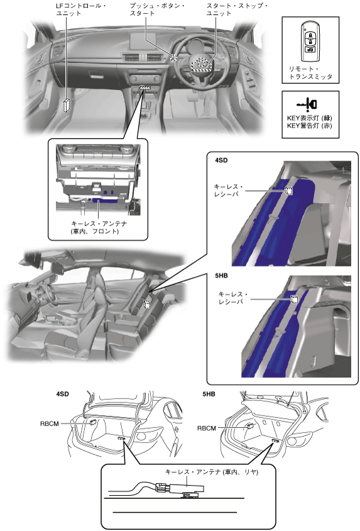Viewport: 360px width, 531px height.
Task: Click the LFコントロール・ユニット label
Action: pos(81,9)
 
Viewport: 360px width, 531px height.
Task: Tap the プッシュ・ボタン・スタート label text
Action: pos(158,9)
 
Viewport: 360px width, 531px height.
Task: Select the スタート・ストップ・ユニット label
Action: pos(237,9)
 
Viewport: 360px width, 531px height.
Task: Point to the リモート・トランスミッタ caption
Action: pos(310,73)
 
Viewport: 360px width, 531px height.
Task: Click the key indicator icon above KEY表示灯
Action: pos(307,104)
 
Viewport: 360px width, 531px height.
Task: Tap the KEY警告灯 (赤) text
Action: pos(310,126)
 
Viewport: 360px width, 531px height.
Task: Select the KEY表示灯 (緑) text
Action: pos(310,118)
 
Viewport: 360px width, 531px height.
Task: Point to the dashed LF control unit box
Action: pos(68,105)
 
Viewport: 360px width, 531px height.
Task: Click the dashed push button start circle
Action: pos(173,58)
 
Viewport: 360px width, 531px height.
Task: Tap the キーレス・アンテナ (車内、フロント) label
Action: pos(99,227)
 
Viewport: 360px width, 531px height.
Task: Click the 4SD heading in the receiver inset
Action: pos(221,160)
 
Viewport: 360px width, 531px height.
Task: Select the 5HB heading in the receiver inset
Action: pos(221,276)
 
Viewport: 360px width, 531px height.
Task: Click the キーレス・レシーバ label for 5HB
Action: pos(233,298)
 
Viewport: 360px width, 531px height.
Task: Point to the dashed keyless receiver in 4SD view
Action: pos(288,190)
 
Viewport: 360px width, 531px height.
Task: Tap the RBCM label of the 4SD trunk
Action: pos(50,424)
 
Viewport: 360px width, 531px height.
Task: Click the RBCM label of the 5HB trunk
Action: pos(207,429)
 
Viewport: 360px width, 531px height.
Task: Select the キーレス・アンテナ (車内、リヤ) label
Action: pos(212,472)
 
